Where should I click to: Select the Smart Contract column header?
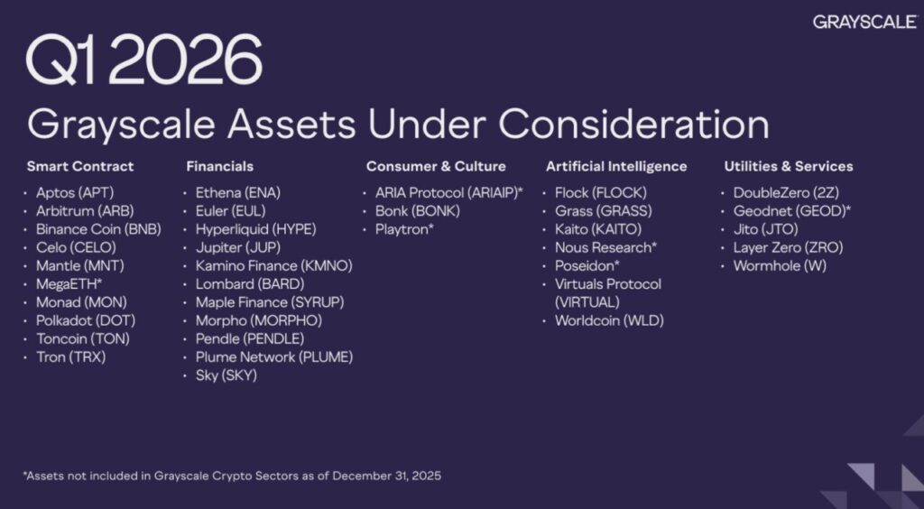tap(80, 166)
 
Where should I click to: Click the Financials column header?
tap(219, 166)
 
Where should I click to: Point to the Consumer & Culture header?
tap(436, 166)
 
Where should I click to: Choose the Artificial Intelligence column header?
tap(616, 166)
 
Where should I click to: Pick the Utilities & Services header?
tap(789, 166)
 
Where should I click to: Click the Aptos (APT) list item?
tap(75, 192)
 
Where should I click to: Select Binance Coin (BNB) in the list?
tap(98, 229)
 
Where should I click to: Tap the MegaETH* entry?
tap(69, 284)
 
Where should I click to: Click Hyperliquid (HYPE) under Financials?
tap(255, 229)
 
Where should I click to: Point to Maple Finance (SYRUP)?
tap(270, 302)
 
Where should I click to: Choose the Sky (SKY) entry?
tap(226, 375)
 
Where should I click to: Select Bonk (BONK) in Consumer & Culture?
tap(418, 211)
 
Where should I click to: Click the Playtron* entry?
tap(405, 229)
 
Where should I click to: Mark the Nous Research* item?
tap(605, 247)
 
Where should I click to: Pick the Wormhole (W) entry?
tap(780, 265)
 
